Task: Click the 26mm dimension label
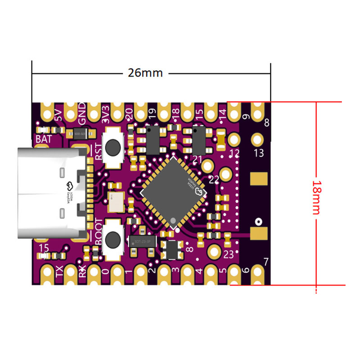coord(145,73)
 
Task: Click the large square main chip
coord(174,191)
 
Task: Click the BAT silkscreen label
coord(43,139)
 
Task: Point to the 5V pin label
coord(58,117)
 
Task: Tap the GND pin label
coord(82,115)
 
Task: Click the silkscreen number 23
coord(228,255)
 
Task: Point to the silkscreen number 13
coord(259,153)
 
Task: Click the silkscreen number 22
coord(214,180)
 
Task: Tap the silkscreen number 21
coord(197,159)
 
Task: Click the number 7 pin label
coord(265,261)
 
